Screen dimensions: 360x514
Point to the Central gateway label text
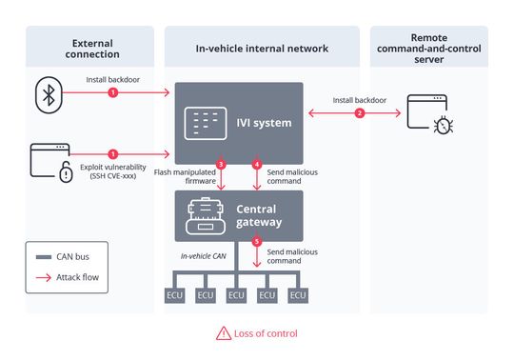coord(259,214)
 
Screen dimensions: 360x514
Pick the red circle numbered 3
coord(221,165)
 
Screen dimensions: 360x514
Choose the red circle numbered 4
coord(256,165)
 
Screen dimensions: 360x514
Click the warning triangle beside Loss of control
coord(223,333)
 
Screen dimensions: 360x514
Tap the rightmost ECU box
coord(298,295)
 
